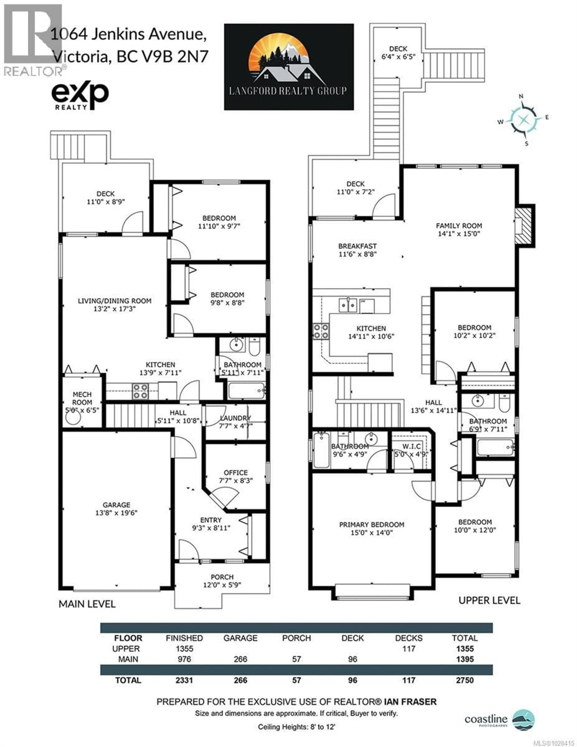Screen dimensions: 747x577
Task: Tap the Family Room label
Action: [459, 226]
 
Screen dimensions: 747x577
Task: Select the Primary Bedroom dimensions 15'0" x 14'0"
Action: [371, 533]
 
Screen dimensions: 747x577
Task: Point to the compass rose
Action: [523, 119]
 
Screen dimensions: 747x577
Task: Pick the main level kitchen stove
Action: [140, 391]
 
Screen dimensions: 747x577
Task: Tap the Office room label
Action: [236, 472]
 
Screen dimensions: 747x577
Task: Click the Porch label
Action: [222, 577]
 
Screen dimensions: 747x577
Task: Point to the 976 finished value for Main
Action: [184, 659]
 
